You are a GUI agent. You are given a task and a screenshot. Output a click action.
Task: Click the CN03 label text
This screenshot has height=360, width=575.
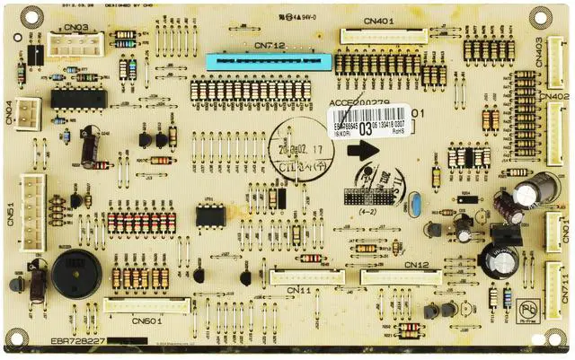pyautogui.click(x=75, y=28)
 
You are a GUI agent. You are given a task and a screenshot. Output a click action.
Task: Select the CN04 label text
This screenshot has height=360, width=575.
pyautogui.click(x=9, y=111)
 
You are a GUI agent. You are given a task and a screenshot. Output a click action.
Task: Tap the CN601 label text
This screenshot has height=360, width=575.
pyautogui.click(x=146, y=320)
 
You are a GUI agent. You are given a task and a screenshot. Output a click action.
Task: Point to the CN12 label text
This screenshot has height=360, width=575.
pyautogui.click(x=417, y=266)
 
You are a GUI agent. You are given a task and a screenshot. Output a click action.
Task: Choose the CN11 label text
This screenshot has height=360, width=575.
pyautogui.click(x=299, y=290)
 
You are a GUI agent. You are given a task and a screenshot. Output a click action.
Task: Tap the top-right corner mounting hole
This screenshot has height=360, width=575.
pyautogui.click(x=541, y=16)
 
